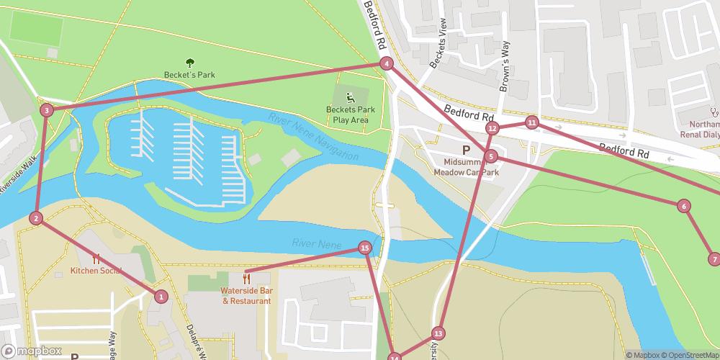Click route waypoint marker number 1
point(161,296)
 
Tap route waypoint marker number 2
point(36,218)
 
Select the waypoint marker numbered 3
point(46,110)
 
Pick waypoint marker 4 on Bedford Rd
point(387,63)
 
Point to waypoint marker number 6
point(683,206)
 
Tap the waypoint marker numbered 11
point(531,122)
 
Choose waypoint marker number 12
point(492,128)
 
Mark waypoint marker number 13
point(438,333)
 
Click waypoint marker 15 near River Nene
point(365,248)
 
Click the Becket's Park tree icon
point(189,63)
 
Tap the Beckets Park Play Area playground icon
point(350,98)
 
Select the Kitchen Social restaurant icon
point(96,259)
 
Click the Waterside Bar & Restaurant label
point(246,295)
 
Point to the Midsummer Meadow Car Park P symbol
point(466,150)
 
